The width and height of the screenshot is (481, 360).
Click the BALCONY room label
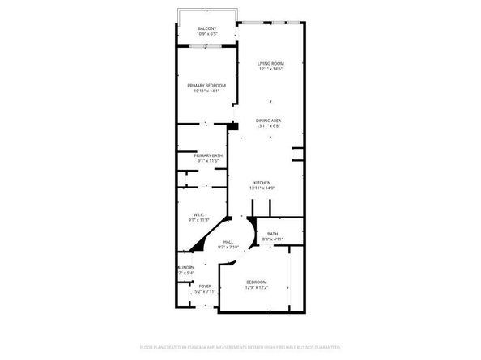pos(206,28)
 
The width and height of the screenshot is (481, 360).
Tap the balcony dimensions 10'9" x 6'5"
pos(206,33)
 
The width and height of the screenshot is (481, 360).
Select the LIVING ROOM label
pos(270,63)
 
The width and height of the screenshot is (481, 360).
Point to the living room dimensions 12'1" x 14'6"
pos(270,69)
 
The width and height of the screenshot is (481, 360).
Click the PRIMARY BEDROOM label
pos(206,85)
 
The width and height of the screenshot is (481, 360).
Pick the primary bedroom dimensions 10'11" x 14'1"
pos(206,91)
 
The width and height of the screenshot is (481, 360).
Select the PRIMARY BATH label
pos(208,155)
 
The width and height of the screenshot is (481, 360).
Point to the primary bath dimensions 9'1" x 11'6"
pos(208,161)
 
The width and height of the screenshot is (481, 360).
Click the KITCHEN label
pos(262,183)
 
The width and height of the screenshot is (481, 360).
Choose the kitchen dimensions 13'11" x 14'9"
pos(262,188)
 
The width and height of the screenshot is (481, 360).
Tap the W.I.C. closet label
pos(198,214)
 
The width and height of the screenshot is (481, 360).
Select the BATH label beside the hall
pos(273,234)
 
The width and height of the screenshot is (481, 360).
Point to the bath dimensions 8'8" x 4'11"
pos(273,239)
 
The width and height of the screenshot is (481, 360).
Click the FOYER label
pos(206,286)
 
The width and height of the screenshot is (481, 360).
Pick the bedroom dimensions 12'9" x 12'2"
pos(256,287)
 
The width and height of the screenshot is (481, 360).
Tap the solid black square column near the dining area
pos(233,125)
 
